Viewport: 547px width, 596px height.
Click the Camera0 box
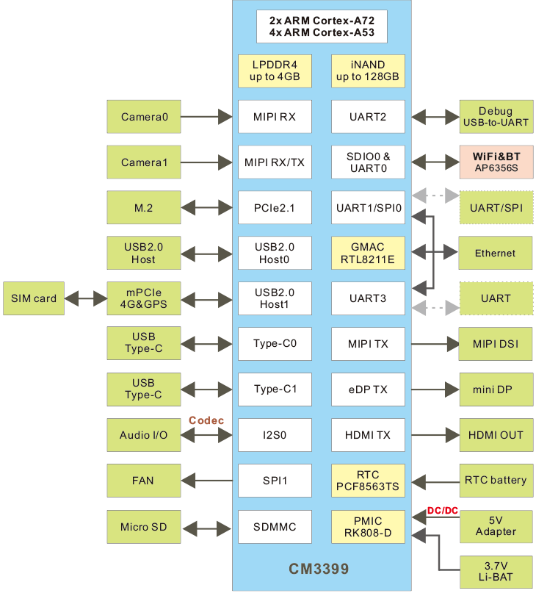tap(144, 117)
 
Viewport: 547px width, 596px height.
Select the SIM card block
tap(34, 298)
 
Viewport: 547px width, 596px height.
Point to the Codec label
tap(206, 420)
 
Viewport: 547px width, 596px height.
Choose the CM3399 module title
tap(318, 569)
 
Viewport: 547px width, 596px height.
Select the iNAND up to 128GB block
tap(367, 71)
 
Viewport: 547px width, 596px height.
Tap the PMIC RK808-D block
tap(367, 526)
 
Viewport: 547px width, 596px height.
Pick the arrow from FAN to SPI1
tap(207, 481)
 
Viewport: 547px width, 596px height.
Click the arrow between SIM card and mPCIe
tap(86, 298)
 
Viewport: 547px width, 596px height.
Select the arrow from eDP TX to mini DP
tap(432, 389)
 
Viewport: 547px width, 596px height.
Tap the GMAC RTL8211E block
tap(367, 253)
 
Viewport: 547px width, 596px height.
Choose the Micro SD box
tap(144, 527)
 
